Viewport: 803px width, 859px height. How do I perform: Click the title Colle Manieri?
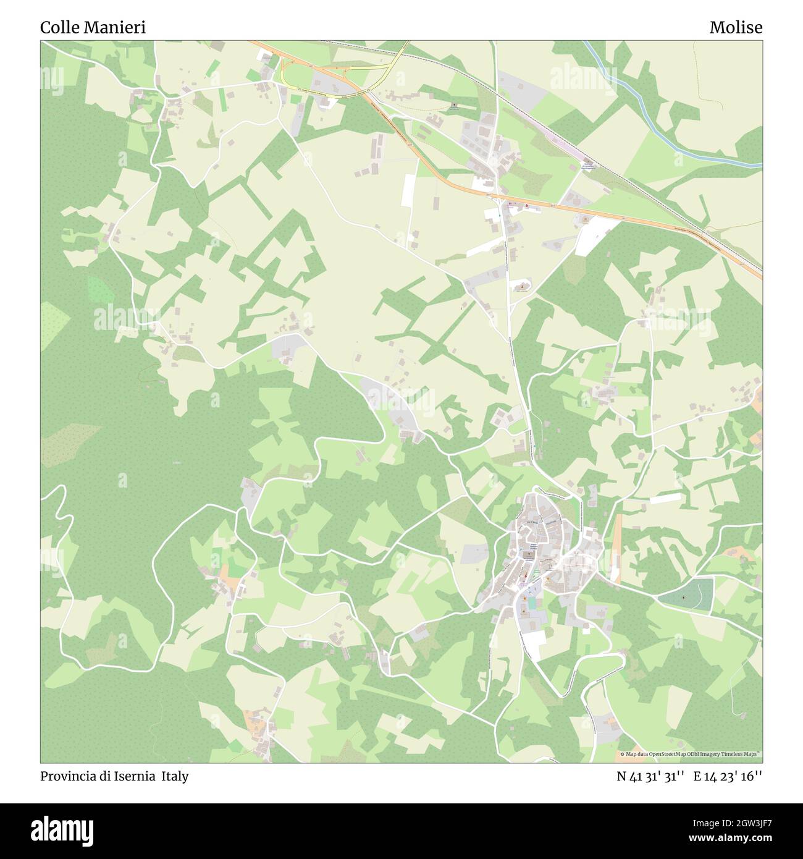point(93,28)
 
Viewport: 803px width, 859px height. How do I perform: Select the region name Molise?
point(736,28)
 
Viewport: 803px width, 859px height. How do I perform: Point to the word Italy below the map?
point(175,776)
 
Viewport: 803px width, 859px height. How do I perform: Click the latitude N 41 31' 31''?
point(650,776)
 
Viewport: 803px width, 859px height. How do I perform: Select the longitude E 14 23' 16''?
point(728,776)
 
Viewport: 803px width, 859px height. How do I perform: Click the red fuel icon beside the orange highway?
point(526,205)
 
